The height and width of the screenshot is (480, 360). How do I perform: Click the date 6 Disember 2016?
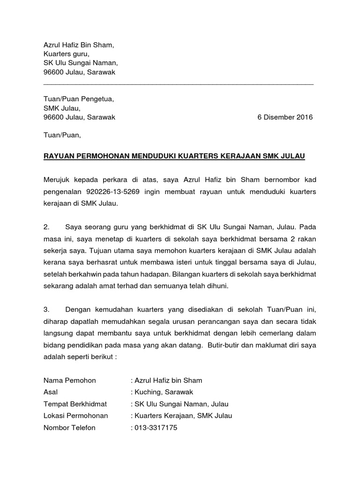point(285,118)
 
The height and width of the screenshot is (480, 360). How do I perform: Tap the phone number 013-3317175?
point(156,427)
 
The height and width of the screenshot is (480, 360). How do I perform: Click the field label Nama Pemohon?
point(69,380)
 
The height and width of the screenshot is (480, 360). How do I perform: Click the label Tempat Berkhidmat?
point(75,404)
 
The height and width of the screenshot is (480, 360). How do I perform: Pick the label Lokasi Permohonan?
point(75,415)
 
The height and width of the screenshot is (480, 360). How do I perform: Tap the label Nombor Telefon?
point(69,427)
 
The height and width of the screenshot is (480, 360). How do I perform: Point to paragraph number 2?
point(46,227)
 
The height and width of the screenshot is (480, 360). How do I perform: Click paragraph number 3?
point(46,309)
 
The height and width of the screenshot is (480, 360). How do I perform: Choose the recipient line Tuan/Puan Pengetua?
point(78,99)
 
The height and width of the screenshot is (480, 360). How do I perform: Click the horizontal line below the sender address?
point(178,84)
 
